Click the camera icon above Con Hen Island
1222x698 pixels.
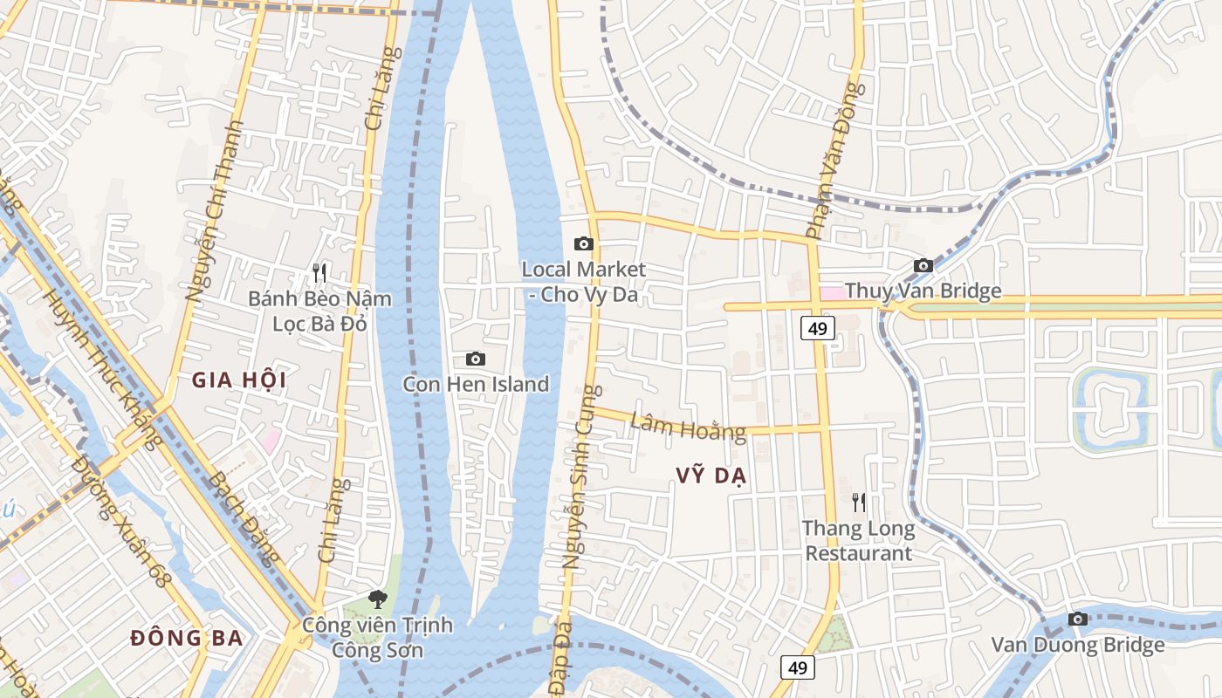476,359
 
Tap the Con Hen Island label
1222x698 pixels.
476,384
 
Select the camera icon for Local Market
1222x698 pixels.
584,243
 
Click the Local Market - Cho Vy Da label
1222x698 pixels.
584,282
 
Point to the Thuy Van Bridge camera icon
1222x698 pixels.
923,265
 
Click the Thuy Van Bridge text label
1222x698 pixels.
923,291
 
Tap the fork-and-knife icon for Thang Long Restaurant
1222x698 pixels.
859,502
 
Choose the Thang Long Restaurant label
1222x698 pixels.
859,541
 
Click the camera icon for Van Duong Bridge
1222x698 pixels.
1078,619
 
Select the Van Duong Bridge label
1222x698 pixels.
1078,645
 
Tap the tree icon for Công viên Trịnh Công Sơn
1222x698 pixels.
378,599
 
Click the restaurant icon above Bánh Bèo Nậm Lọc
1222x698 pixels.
319,273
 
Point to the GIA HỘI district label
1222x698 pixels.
239,380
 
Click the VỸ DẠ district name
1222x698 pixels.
711,476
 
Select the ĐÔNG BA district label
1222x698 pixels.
187,638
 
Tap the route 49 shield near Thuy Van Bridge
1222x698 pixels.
817,328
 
